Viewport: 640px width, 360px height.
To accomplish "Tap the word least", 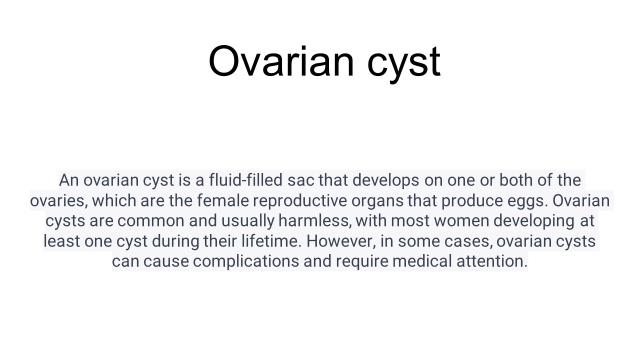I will click(x=61, y=241).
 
